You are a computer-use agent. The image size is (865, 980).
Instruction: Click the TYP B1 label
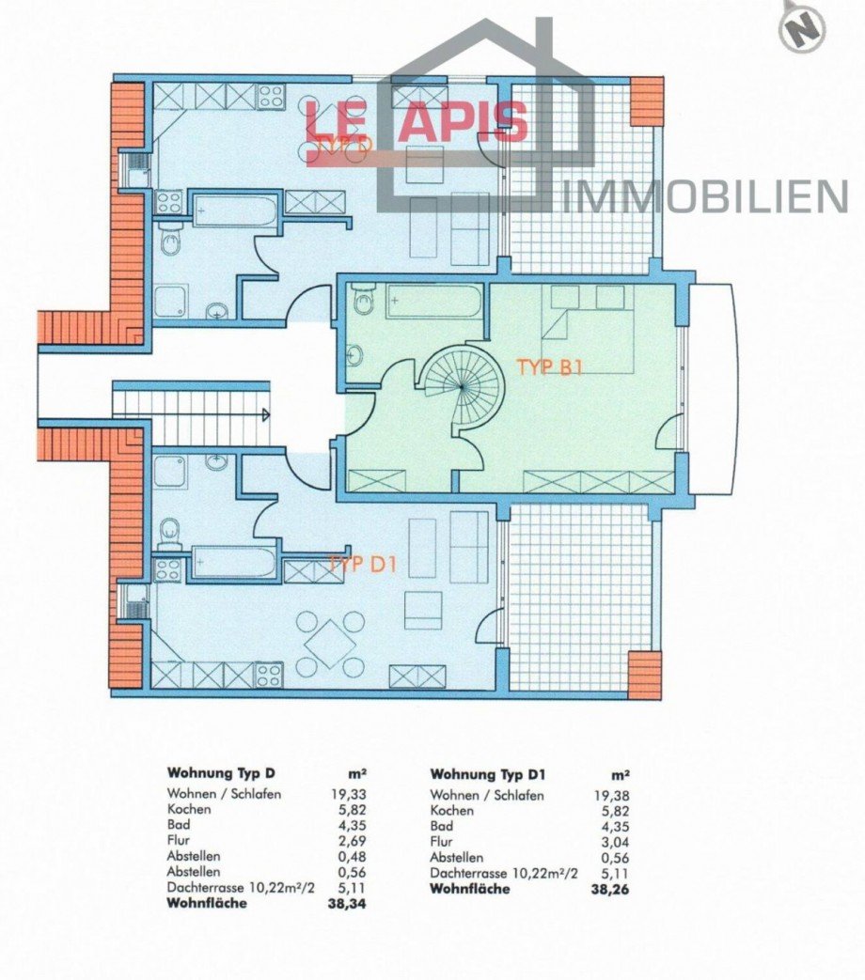tap(550, 366)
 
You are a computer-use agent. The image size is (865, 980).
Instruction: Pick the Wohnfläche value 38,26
tap(611, 888)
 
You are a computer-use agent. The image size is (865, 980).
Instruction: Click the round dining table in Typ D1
tap(330, 644)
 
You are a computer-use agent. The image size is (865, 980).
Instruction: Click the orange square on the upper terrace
tap(646, 101)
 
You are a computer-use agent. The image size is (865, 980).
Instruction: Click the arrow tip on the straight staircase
tap(269, 413)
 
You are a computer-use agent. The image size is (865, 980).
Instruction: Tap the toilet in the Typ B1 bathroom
tap(364, 303)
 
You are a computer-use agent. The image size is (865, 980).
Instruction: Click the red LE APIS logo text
tap(416, 122)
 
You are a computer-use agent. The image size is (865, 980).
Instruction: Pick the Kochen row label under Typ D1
tap(451, 810)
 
